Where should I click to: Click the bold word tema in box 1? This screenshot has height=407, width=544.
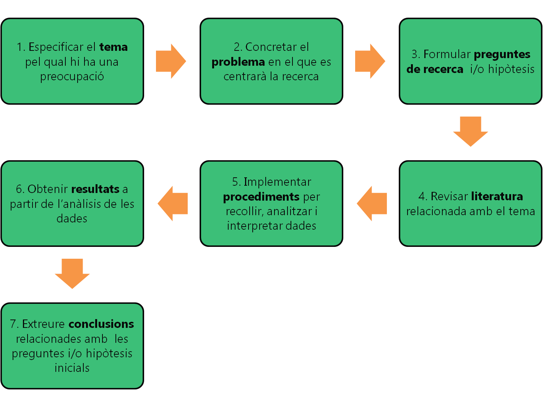pyautogui.click(x=114, y=47)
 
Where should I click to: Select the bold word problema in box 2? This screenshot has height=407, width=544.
pyautogui.click(x=238, y=62)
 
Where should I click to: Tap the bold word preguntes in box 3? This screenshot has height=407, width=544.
pyautogui.click(x=502, y=54)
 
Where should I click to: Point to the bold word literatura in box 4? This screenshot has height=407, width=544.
pyautogui.click(x=497, y=196)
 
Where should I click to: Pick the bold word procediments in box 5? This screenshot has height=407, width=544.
pyautogui.click(x=261, y=197)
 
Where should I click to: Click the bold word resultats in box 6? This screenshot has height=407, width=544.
pyautogui.click(x=95, y=189)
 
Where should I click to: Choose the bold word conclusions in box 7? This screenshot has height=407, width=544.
pyautogui.click(x=101, y=324)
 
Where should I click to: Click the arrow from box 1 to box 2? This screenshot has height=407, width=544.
pyautogui.click(x=171, y=61)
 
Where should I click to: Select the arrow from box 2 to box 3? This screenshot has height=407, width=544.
pyautogui.click(x=370, y=61)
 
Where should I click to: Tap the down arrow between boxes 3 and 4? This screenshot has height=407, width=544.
pyautogui.click(x=470, y=131)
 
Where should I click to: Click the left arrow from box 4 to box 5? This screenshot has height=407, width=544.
pyautogui.click(x=372, y=203)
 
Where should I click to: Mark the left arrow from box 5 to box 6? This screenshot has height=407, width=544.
pyautogui.click(x=173, y=203)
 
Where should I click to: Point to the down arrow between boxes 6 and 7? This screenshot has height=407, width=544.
pyautogui.click(x=72, y=274)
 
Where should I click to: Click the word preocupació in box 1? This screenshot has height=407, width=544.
pyautogui.click(x=72, y=76)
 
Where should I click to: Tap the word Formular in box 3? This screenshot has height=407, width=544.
pyautogui.click(x=447, y=54)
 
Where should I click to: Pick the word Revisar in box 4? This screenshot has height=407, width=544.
pyautogui.click(x=449, y=196)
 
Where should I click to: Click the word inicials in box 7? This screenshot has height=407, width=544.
pyautogui.click(x=72, y=368)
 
